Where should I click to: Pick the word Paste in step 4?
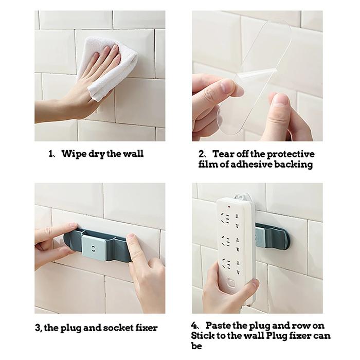click(218, 326)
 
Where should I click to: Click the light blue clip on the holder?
click(94, 248)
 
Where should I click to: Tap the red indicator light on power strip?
click(229, 207)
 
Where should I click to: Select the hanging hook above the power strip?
click(243, 197)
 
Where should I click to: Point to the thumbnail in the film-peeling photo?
click(280, 100)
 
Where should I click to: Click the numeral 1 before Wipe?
click(51, 154)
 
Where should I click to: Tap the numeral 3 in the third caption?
click(38, 328)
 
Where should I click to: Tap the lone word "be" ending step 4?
click(196, 346)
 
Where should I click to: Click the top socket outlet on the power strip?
click(229, 219)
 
